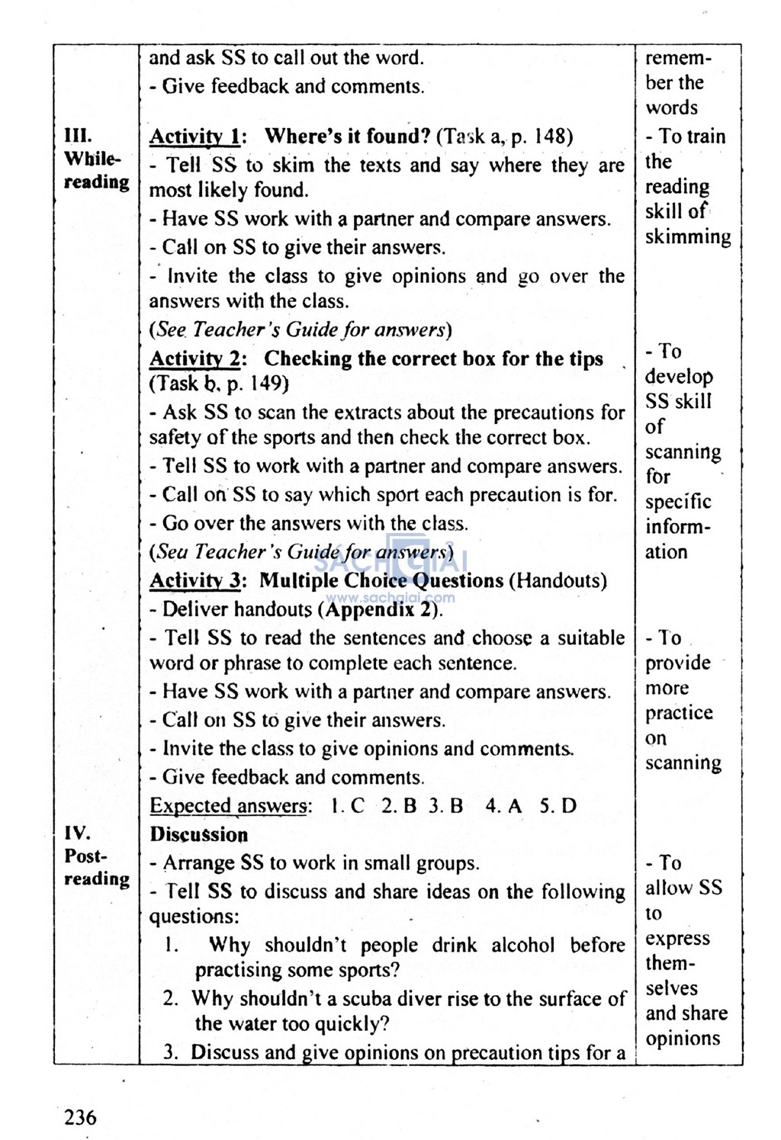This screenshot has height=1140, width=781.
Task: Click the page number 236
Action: (x=80, y=1117)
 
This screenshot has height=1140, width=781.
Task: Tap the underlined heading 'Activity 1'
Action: (x=195, y=137)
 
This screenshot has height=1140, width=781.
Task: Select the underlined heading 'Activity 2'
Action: (x=195, y=359)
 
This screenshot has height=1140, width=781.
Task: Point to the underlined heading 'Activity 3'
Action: (x=195, y=581)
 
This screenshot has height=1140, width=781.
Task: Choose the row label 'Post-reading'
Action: (x=95, y=867)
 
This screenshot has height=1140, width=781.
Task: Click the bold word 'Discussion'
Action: (x=198, y=835)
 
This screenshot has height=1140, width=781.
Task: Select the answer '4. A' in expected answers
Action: (x=504, y=806)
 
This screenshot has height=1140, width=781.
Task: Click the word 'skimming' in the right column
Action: (x=687, y=237)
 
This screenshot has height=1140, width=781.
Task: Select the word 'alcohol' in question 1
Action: (x=522, y=946)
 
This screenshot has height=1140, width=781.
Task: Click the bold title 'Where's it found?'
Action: (x=347, y=137)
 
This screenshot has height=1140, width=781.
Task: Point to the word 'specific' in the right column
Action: (x=677, y=503)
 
